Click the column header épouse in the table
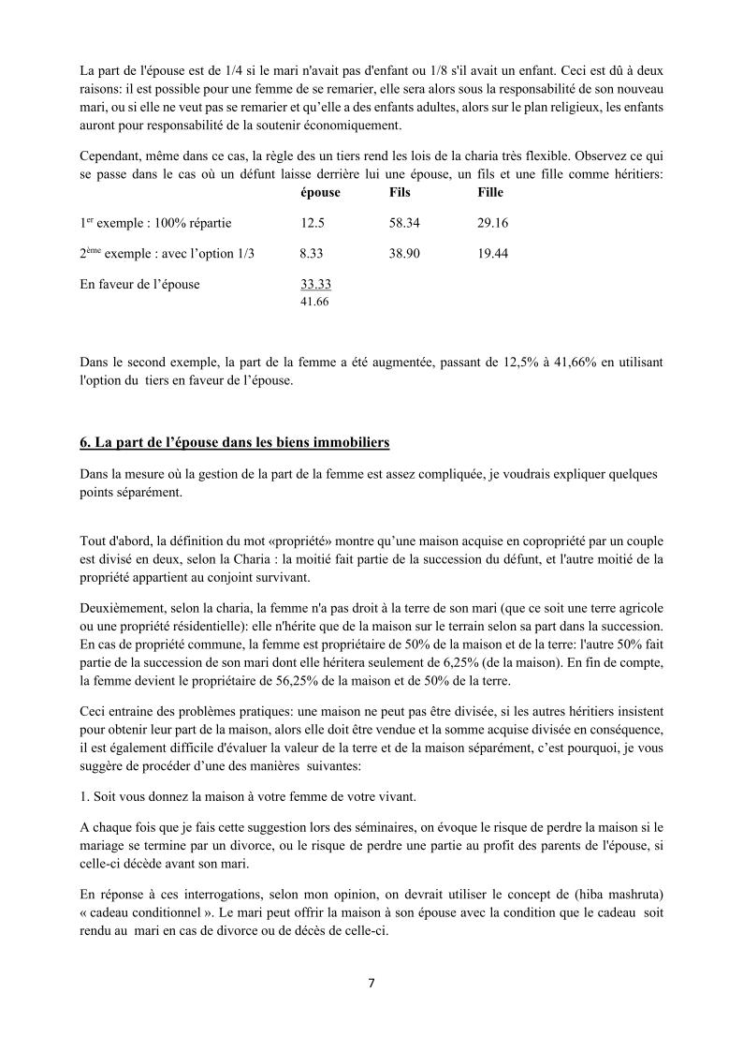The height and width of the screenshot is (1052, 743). coord(320,192)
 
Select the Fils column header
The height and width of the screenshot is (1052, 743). coord(400,192)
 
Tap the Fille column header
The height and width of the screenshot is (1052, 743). coord(490,192)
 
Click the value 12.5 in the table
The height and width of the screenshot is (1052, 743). coord(313,223)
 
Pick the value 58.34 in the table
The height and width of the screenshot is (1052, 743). coord(405,223)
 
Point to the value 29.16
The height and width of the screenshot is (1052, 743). coord(493,223)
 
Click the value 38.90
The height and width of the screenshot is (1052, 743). coord(405,254)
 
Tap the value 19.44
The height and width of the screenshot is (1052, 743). coord(493,254)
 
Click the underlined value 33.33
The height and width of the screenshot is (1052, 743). coord(315,285)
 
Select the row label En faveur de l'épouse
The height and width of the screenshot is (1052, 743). coord(140,285)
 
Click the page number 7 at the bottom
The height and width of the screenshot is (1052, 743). coord(371,984)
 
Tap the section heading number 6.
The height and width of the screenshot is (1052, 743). coord(84,441)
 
